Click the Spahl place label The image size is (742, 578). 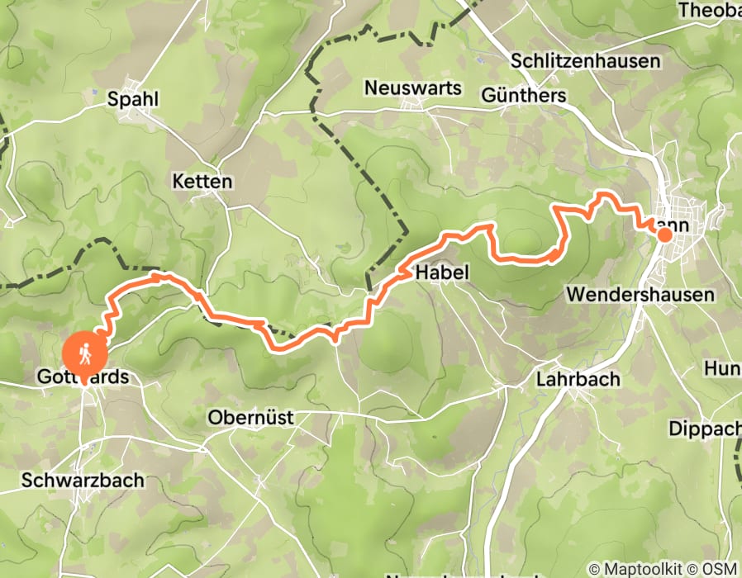[x=133, y=99]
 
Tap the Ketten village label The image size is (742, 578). [x=202, y=182]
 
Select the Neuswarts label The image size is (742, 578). [x=411, y=87]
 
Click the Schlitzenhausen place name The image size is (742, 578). [x=586, y=61]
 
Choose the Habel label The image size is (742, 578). [x=442, y=272]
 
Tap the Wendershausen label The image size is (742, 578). [x=652, y=295]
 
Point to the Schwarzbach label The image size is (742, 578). [x=83, y=480]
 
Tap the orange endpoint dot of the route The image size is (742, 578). [x=664, y=235]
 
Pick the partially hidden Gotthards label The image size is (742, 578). [x=83, y=377]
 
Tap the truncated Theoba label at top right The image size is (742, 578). [x=708, y=11]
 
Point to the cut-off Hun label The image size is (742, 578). [x=722, y=367]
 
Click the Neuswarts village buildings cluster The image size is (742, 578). [x=412, y=105]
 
